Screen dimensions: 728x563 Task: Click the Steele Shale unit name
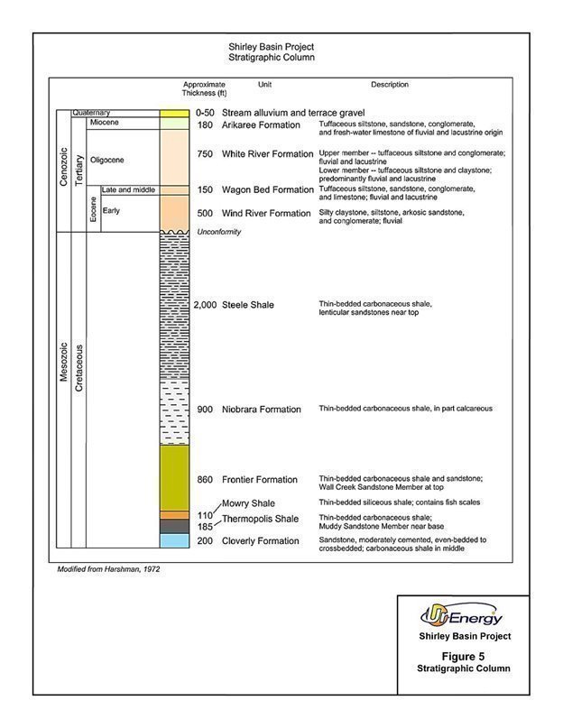(247, 305)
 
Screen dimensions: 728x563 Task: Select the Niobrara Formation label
(261, 410)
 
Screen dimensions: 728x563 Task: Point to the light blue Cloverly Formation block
(174, 540)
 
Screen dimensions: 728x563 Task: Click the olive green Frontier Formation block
(174, 478)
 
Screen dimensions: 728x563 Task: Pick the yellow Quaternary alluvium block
(174, 113)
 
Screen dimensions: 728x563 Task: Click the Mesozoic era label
(63, 361)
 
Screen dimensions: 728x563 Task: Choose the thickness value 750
(205, 154)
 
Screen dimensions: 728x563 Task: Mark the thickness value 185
(206, 525)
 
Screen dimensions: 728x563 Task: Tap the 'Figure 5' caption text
(464, 656)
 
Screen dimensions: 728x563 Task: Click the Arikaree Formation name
(262, 124)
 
